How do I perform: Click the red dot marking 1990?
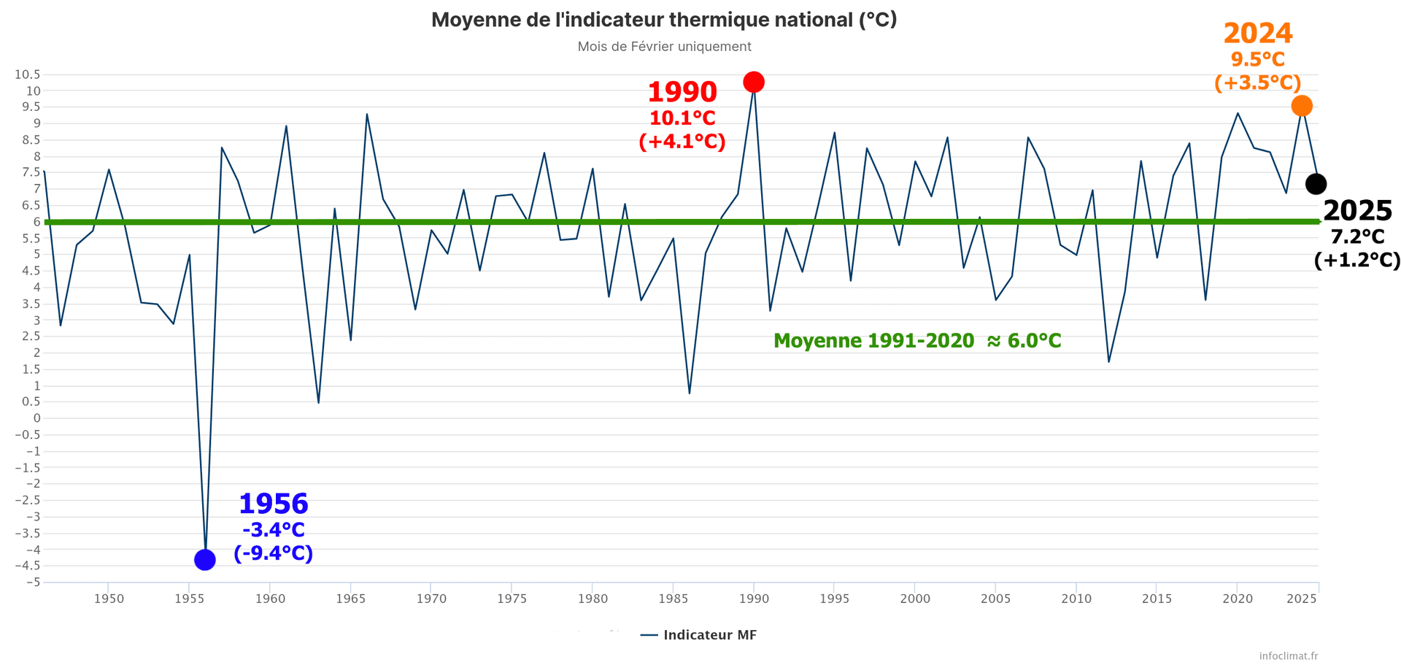[x=754, y=82]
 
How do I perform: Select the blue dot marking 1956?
[x=205, y=560]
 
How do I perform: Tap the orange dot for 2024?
[x=1302, y=106]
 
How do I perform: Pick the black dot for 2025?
[x=1316, y=184]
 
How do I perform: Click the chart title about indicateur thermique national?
[x=664, y=20]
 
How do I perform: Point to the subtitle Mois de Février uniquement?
[x=664, y=47]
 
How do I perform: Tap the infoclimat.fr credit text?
[x=1289, y=656]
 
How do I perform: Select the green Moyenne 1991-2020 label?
[x=917, y=341]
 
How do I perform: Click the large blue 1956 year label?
[x=274, y=504]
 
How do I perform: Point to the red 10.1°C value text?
[x=682, y=118]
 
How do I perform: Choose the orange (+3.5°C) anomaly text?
[x=1258, y=82]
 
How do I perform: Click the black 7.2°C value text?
[x=1357, y=237]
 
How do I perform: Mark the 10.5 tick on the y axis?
[x=27, y=74]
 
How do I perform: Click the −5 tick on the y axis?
[x=32, y=583]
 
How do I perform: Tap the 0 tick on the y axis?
[x=36, y=418]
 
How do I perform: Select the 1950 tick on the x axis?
[x=109, y=599]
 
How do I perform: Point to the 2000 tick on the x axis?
[x=915, y=599]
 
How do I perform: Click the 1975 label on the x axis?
[x=512, y=599]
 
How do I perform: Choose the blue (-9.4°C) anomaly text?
[x=274, y=553]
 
